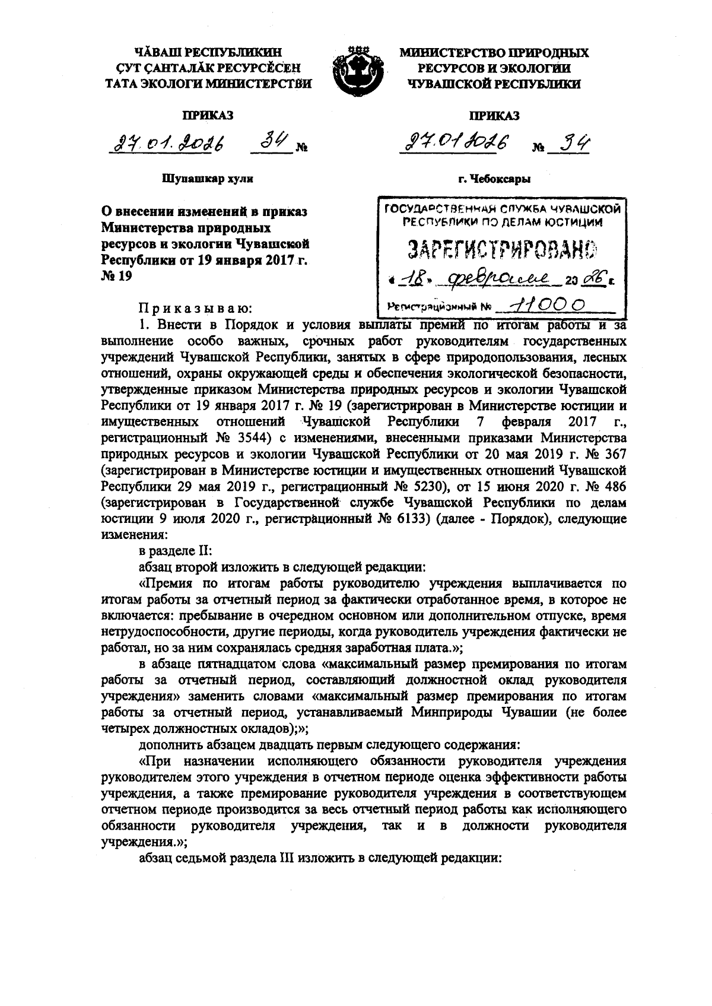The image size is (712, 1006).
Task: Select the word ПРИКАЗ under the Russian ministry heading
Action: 494,116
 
